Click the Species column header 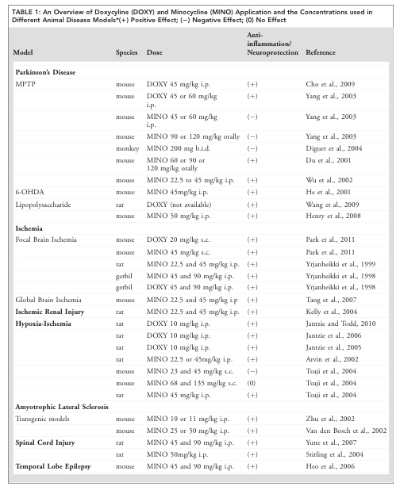point(127,52)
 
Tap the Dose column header point(156,52)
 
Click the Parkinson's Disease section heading point(45,71)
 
